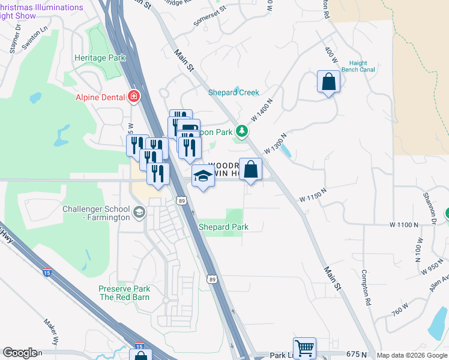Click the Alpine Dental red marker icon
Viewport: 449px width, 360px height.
[x=134, y=97]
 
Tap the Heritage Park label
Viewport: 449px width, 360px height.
[x=100, y=58]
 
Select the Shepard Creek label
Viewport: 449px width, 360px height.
[x=234, y=92]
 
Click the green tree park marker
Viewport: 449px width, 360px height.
[x=241, y=130]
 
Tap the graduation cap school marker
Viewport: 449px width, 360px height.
[x=203, y=176]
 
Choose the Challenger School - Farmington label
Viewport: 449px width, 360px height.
[x=96, y=213]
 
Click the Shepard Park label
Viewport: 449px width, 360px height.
[x=224, y=227]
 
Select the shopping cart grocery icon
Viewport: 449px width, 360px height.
[x=304, y=347]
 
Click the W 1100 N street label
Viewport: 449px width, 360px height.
[x=403, y=224]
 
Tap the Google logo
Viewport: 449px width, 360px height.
[x=20, y=353]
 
